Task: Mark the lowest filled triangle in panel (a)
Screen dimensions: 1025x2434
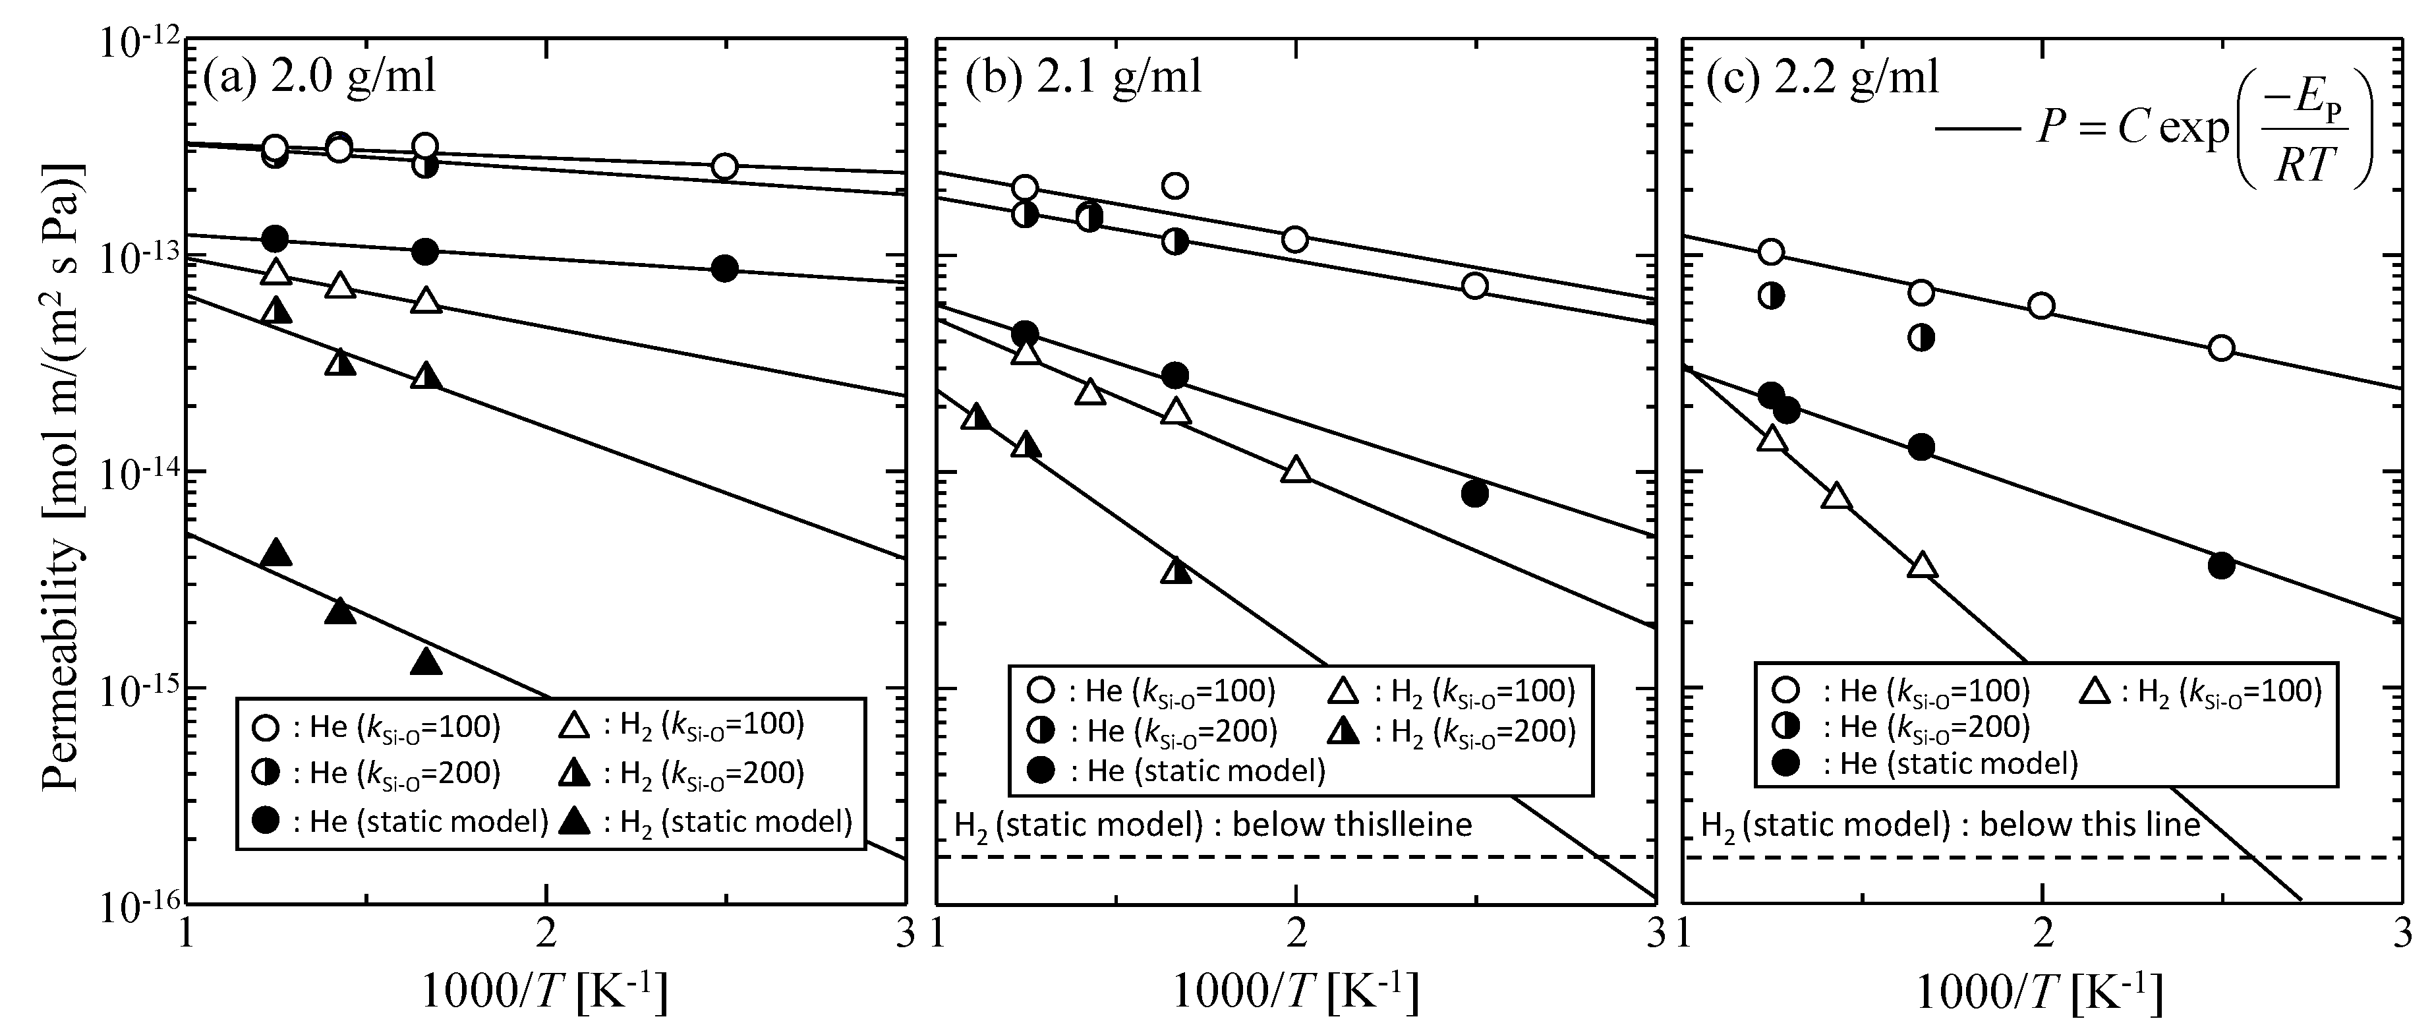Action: pos(427,661)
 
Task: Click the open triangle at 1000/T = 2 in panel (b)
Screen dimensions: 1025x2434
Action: pos(1296,469)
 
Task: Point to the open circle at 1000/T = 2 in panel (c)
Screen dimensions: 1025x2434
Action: pos(2042,305)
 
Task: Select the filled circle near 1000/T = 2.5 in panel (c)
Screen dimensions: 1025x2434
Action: pos(2221,565)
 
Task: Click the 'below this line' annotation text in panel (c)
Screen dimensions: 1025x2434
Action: pos(2088,825)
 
